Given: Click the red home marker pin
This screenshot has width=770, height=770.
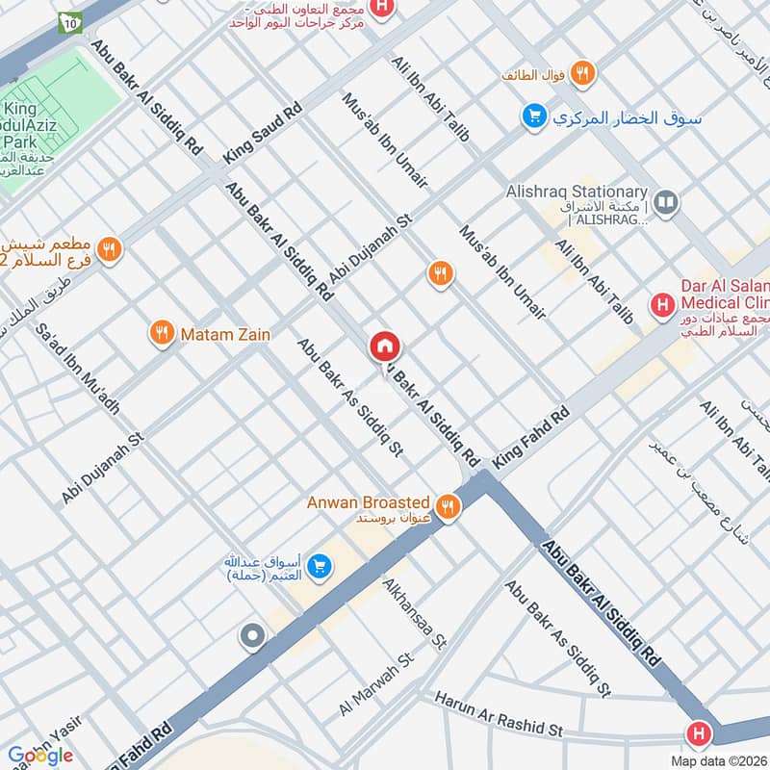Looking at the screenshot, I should pyautogui.click(x=385, y=346).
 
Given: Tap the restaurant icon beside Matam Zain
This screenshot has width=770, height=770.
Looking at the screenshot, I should pyautogui.click(x=162, y=334).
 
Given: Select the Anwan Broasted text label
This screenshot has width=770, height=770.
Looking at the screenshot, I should pyautogui.click(x=368, y=501).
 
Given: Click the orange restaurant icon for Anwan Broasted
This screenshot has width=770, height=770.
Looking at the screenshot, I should pyautogui.click(x=447, y=506).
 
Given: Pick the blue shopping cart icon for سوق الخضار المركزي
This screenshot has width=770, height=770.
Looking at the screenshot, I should pyautogui.click(x=533, y=117).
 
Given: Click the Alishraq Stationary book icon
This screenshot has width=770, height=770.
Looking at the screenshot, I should pyautogui.click(x=664, y=202).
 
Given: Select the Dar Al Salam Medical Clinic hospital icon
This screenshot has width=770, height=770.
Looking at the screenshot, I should pyautogui.click(x=662, y=306).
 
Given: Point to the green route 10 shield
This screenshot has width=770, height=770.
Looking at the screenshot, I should pyautogui.click(x=69, y=21).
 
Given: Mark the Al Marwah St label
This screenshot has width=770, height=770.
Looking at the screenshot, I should pyautogui.click(x=375, y=684).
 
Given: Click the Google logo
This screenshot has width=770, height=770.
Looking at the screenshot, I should pyautogui.click(x=40, y=756).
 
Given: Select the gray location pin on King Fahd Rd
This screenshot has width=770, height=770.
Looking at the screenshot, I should pyautogui.click(x=253, y=636).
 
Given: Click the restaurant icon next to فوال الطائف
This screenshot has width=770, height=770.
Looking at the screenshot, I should pyautogui.click(x=581, y=73).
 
